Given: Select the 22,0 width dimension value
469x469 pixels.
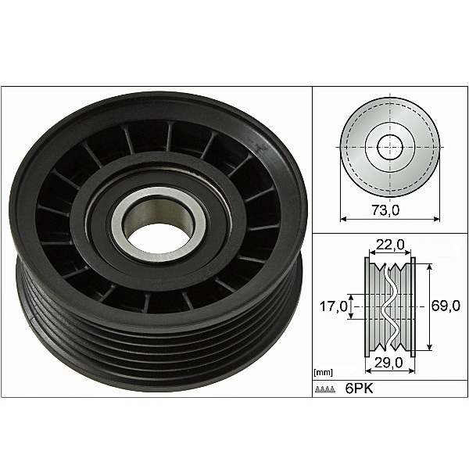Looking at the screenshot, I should click(x=389, y=245).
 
